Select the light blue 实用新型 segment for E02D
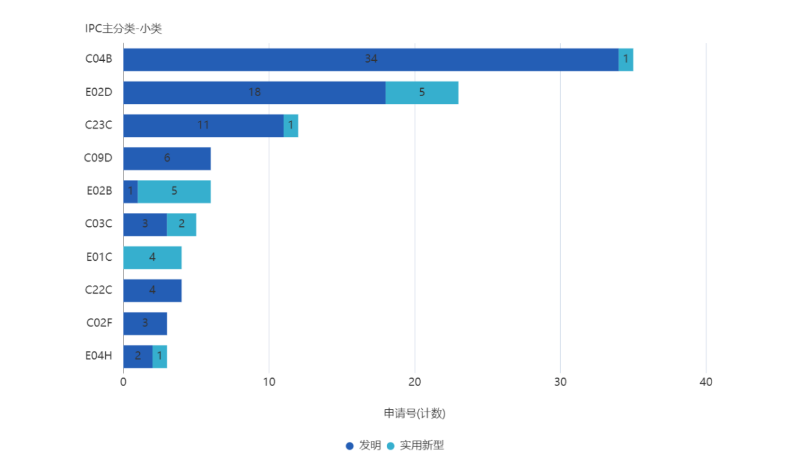tap(422, 92)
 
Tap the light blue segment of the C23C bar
tap(291, 125)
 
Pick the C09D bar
tap(167, 159)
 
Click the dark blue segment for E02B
tap(130, 192)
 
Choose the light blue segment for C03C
tap(182, 224)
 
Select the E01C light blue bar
tap(153, 257)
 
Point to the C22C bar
tap(153, 291)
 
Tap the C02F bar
tap(145, 323)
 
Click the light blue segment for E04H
tap(160, 356)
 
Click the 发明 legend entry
tap(364, 446)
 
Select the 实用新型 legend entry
tap(416, 446)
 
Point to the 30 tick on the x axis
tap(560, 382)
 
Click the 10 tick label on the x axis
tap(269, 382)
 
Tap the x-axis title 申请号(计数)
tap(415, 413)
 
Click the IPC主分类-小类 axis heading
tap(123, 29)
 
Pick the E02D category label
tap(99, 92)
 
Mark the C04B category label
tap(99, 60)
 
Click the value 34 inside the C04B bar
tap(371, 59)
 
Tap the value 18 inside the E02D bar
tap(254, 92)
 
